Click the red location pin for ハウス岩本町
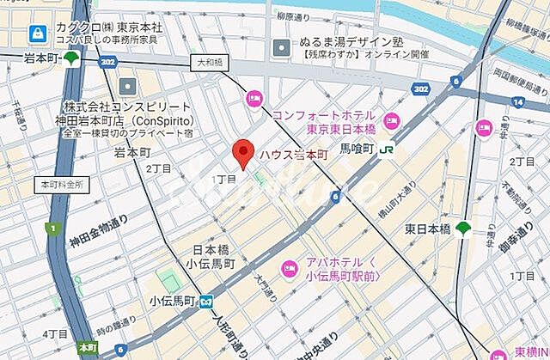243,152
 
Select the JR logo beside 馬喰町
388,147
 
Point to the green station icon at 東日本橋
463,229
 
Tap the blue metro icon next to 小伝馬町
206,301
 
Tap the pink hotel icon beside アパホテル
290,264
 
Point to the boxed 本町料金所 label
60,185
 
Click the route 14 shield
518,102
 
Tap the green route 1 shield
53,229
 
